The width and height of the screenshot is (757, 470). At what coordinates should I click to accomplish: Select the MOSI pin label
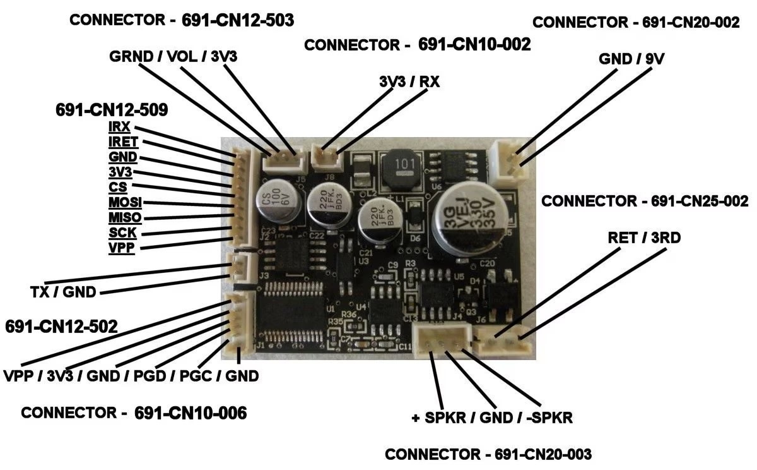pyautogui.click(x=125, y=203)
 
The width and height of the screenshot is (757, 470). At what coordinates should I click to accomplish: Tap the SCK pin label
pyautogui.click(x=122, y=232)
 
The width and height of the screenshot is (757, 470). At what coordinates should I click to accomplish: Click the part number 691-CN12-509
pyautogui.click(x=112, y=110)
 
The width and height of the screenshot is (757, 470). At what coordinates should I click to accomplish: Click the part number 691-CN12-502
pyautogui.click(x=61, y=327)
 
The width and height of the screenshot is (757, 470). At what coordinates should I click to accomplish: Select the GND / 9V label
pyautogui.click(x=631, y=59)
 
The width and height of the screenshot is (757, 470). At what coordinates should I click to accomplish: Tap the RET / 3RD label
pyautogui.click(x=644, y=238)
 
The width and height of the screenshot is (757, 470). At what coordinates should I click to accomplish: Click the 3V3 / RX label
pyautogui.click(x=409, y=81)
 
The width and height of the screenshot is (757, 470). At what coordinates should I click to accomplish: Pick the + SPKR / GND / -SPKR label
pyautogui.click(x=491, y=418)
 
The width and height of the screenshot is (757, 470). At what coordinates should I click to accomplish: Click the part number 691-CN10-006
pyautogui.click(x=191, y=413)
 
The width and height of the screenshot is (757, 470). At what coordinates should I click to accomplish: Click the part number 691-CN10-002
pyautogui.click(x=474, y=45)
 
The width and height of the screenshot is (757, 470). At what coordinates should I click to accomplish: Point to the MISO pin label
pyautogui.click(x=125, y=218)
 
